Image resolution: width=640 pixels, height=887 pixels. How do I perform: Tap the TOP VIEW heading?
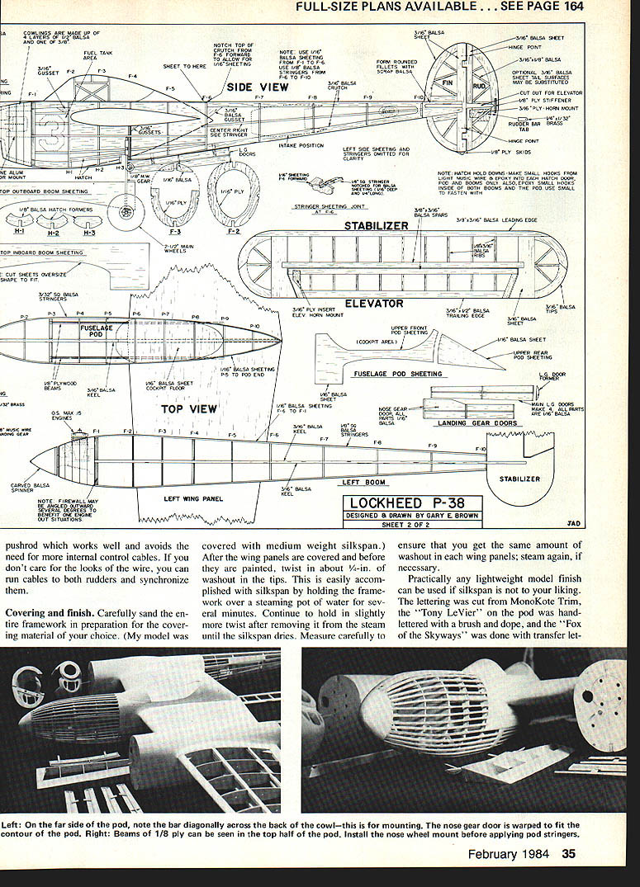click(x=188, y=408)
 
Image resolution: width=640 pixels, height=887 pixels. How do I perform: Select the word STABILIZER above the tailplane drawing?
click(x=377, y=225)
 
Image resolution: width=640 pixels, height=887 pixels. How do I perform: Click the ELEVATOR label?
click(x=374, y=303)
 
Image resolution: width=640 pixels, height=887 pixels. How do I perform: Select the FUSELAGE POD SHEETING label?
click(x=398, y=374)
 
